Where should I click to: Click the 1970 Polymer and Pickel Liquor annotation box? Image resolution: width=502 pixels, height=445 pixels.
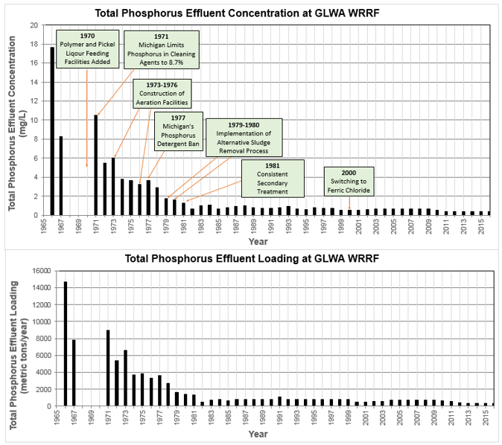(87, 50)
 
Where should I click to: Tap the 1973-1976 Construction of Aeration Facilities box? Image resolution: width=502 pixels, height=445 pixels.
(161, 95)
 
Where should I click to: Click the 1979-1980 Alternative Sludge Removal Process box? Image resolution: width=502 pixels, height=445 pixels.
(244, 137)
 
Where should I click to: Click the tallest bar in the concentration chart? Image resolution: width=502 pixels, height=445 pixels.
(52, 131)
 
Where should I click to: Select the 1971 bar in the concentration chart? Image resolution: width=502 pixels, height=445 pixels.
(96, 164)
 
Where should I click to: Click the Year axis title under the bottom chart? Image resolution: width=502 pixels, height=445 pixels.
(258, 433)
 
